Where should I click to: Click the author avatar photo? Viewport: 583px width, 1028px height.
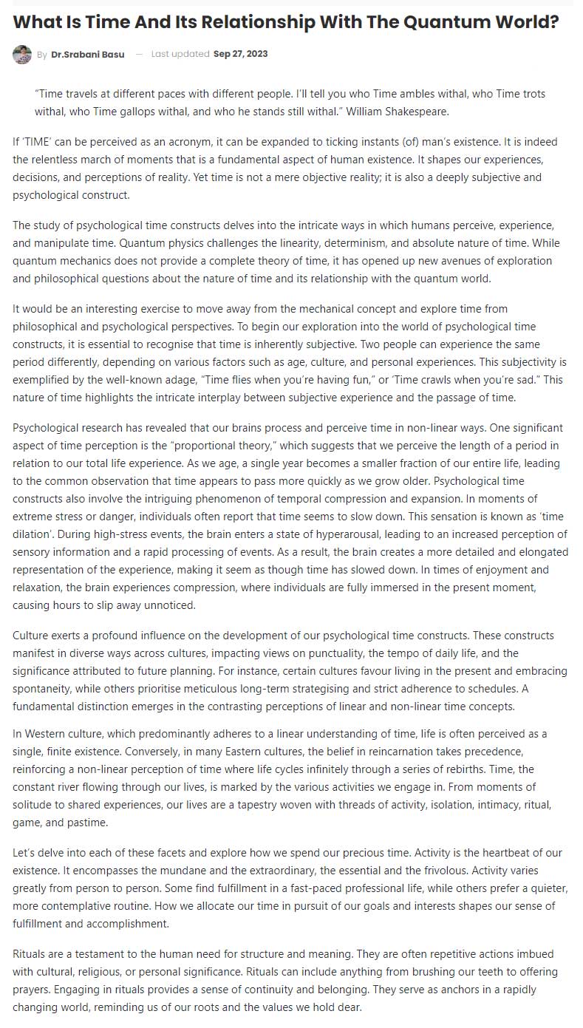click(x=22, y=55)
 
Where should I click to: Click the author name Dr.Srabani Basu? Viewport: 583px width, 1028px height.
click(x=88, y=55)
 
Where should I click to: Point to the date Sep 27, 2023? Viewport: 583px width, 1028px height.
click(x=240, y=54)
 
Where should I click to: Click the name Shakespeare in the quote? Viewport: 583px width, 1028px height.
click(x=423, y=112)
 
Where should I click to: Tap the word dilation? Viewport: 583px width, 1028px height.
click(x=32, y=516)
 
